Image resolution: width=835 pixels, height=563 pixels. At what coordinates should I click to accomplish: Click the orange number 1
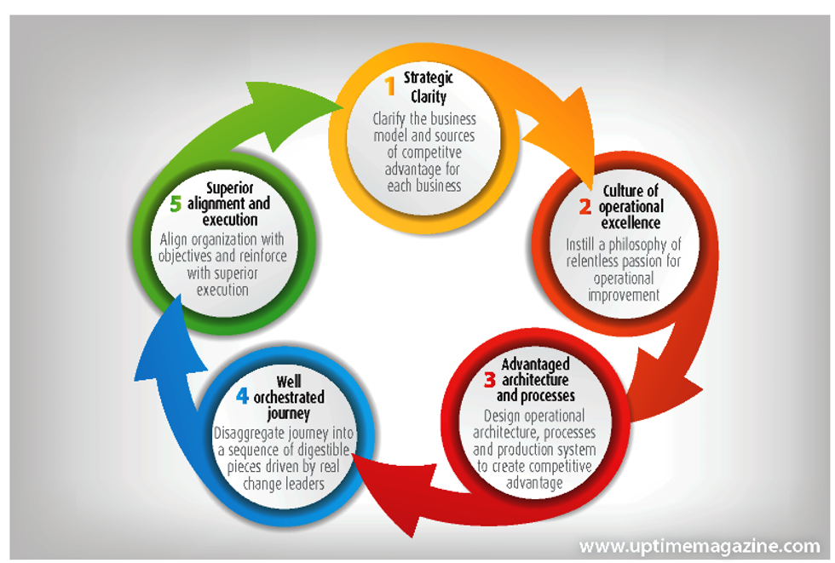[390, 86]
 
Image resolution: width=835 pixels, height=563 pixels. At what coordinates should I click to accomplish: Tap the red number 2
[585, 206]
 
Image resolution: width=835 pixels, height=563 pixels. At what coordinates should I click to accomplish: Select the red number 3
[490, 380]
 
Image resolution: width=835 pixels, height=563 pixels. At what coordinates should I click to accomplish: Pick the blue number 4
[244, 396]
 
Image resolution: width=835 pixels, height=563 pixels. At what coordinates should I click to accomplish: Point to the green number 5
[176, 204]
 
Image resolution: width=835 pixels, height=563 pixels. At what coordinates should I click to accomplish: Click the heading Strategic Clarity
[428, 87]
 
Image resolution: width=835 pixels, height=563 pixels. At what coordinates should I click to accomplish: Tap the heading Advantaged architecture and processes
[536, 380]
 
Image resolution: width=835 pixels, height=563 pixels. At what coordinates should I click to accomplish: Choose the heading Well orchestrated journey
[289, 397]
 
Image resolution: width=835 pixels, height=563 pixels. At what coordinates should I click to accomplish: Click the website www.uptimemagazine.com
[699, 545]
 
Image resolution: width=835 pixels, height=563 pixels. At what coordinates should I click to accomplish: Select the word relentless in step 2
[595, 261]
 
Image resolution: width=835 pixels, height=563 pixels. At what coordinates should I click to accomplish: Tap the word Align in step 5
[176, 239]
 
